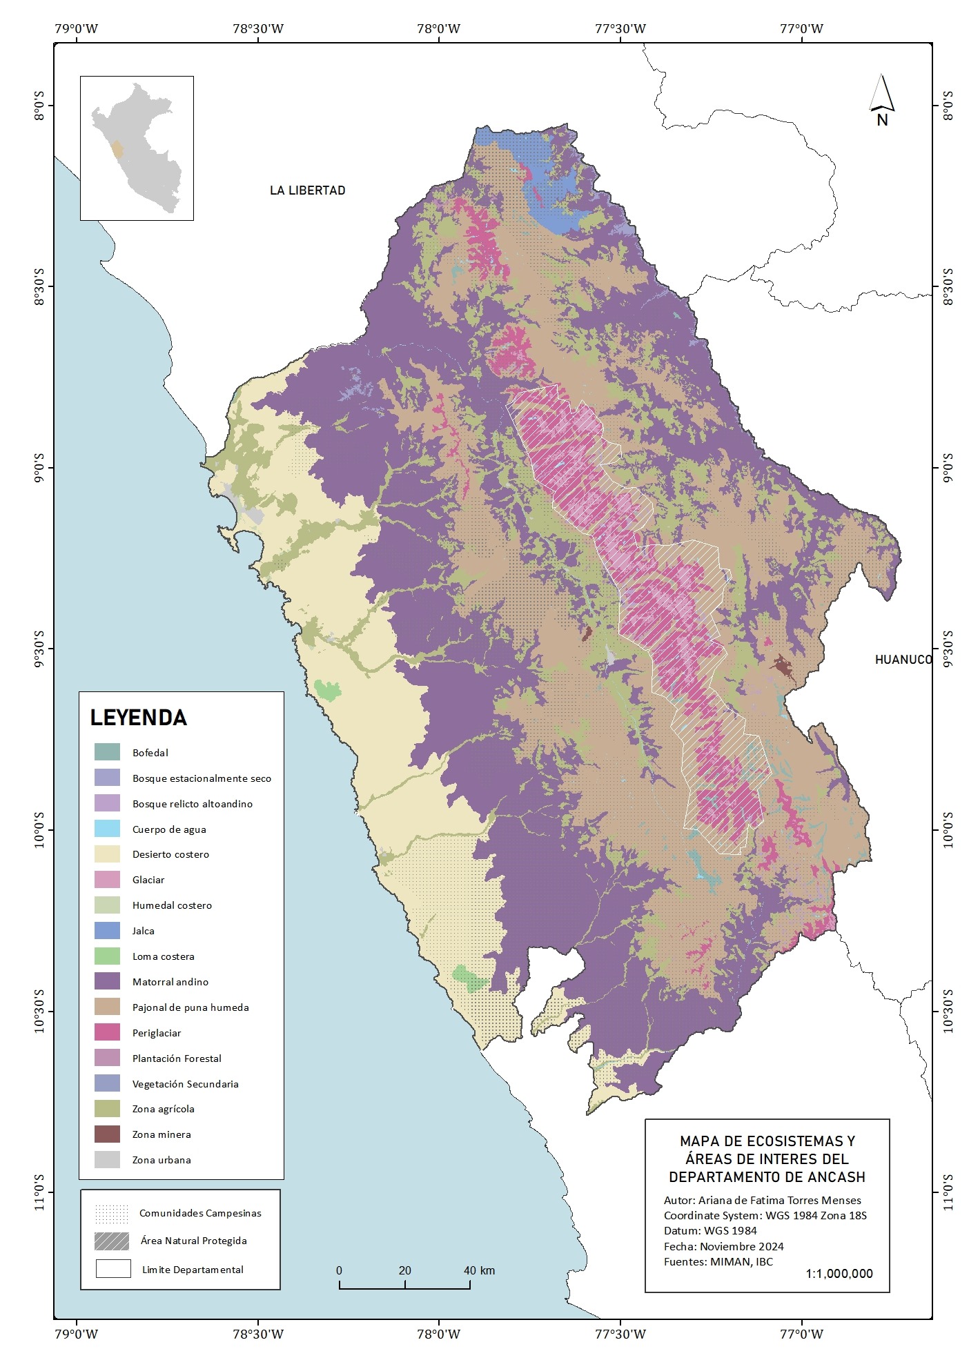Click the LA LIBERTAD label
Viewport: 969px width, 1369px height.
click(x=307, y=190)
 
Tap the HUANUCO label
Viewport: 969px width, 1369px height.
click(x=903, y=660)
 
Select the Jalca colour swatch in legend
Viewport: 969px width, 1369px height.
click(x=107, y=931)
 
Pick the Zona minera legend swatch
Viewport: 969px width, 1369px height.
click(x=107, y=1134)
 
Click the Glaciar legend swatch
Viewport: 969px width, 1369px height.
click(x=107, y=880)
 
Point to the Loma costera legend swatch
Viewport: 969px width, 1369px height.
click(x=107, y=956)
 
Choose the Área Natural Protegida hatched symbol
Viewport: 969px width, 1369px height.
click(x=112, y=1241)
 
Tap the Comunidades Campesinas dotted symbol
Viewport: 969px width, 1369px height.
click(x=112, y=1213)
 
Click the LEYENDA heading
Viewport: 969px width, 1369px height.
click(x=139, y=718)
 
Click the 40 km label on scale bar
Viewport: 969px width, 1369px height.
click(x=478, y=1270)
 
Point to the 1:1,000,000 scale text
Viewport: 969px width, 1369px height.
click(x=839, y=1274)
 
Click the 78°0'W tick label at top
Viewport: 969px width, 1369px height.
click(x=439, y=29)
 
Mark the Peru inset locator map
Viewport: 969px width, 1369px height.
click(x=137, y=148)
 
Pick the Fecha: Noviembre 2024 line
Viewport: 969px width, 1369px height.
click(x=723, y=1246)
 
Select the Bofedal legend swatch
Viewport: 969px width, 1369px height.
click(x=107, y=752)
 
